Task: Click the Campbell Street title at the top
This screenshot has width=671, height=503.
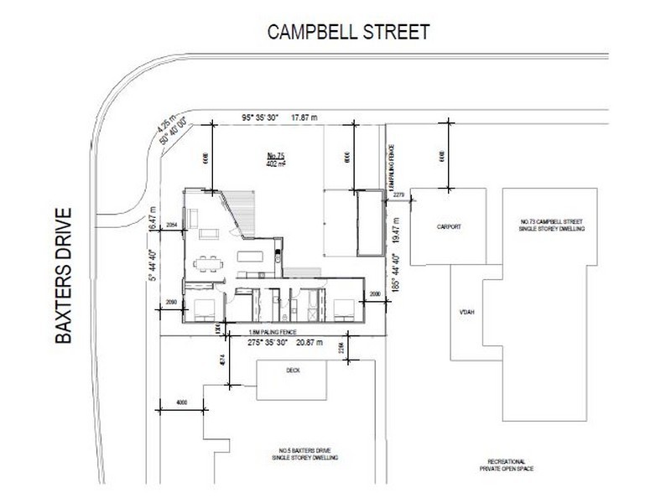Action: tap(347, 33)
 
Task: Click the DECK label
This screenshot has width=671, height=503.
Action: tap(293, 370)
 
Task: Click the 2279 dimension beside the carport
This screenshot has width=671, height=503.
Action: tap(398, 197)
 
